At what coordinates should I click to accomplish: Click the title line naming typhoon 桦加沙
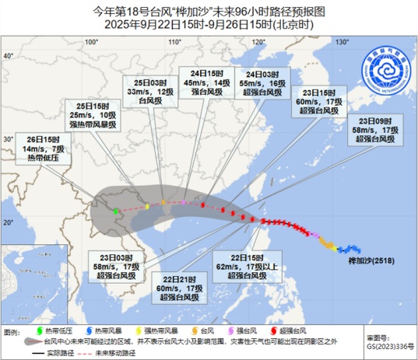click(209, 11)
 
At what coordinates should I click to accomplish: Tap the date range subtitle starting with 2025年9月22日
click(209, 24)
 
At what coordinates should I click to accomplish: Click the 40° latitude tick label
click(9, 57)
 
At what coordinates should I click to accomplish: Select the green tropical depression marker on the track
click(115, 211)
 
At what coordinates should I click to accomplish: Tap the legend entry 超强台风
click(302, 330)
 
